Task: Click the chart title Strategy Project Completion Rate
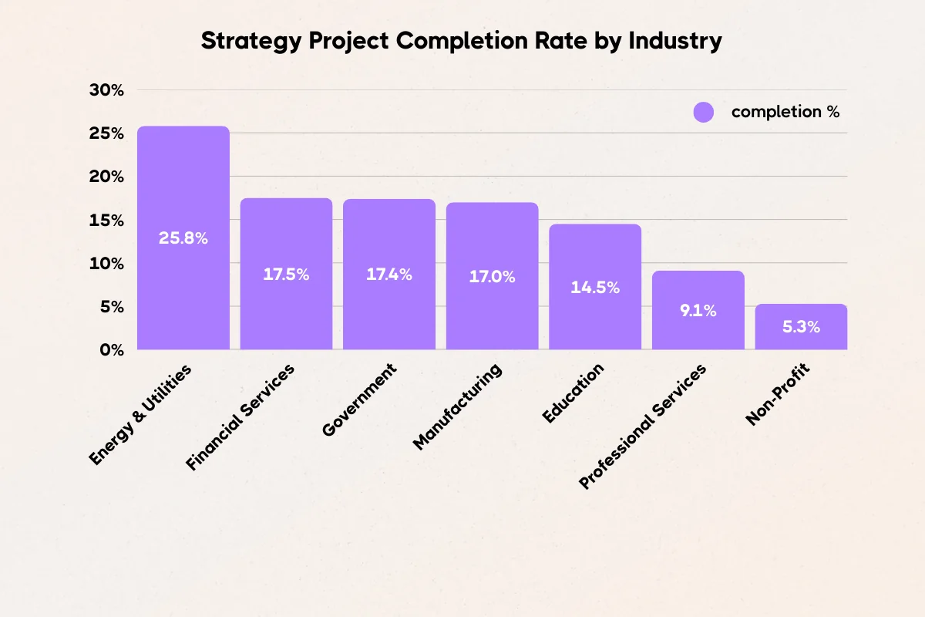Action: coord(461,41)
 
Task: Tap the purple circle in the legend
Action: coord(704,112)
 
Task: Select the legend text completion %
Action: coord(785,112)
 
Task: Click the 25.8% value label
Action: coord(183,238)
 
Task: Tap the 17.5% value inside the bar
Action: coord(286,275)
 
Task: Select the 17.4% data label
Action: coord(389,275)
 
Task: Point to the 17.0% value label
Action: coord(492,276)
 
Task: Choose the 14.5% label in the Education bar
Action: coord(595,287)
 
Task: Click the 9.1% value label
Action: coord(698,311)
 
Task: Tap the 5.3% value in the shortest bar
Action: coord(801,327)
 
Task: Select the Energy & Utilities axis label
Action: coord(140,414)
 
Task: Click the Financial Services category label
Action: coord(240,417)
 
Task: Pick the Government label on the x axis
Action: coord(359,400)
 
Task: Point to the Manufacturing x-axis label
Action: coord(458,406)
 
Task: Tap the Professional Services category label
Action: coord(642,427)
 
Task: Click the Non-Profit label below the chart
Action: coord(780,395)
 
